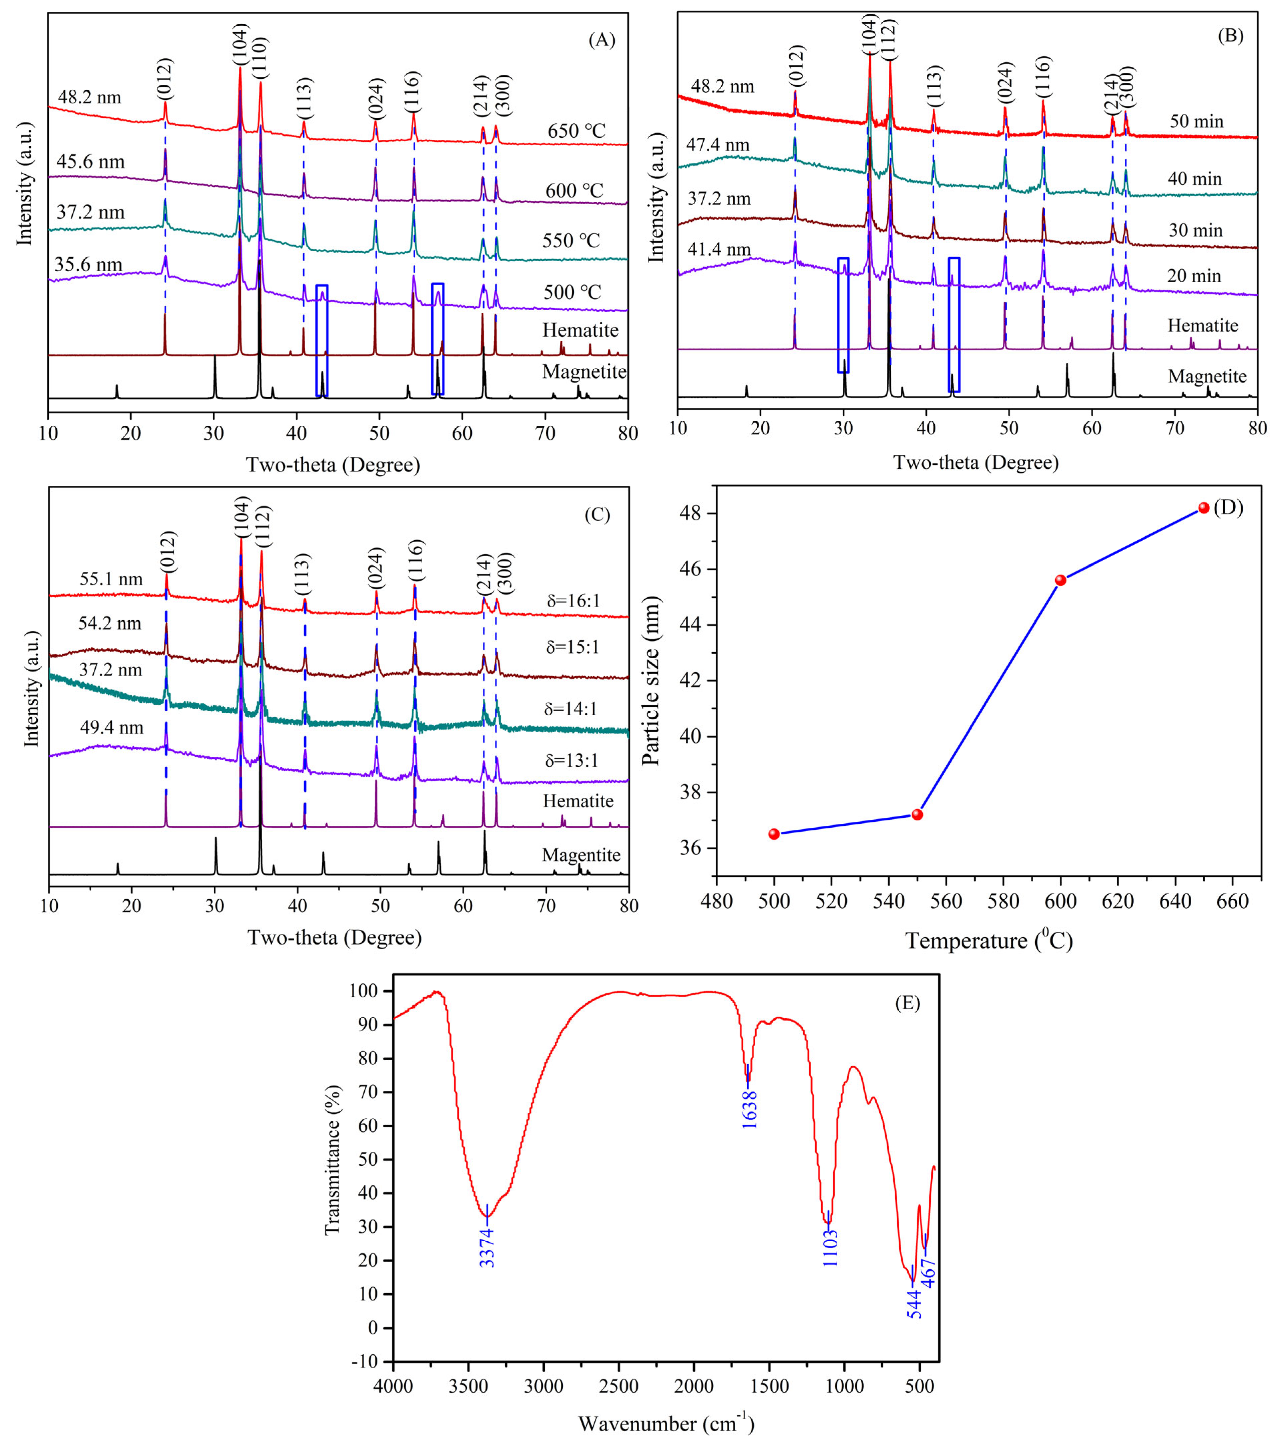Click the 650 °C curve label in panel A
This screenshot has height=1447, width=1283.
(576, 132)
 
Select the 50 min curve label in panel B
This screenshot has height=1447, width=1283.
(1196, 122)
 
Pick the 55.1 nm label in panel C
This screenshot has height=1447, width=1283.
(111, 579)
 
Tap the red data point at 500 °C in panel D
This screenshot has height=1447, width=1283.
(774, 834)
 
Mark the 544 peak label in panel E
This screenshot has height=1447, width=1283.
(914, 1304)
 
